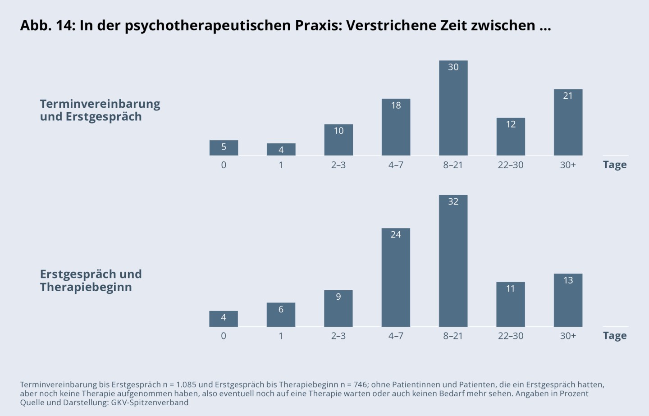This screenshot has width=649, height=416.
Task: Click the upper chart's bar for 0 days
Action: tap(224, 148)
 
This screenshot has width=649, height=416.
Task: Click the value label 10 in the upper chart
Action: tap(338, 131)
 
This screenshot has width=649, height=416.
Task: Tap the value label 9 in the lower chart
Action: tap(338, 297)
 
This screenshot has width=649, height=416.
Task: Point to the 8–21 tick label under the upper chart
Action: tap(453, 165)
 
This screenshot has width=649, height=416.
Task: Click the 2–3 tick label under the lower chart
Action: tap(338, 336)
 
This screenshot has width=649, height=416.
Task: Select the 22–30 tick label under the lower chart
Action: tap(511, 336)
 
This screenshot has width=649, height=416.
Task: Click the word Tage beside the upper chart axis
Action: tap(615, 165)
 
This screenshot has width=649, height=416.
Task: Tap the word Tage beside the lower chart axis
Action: tap(615, 336)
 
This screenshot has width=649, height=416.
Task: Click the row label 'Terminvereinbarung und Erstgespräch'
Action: tap(100, 110)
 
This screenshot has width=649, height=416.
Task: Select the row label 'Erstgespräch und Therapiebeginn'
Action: tap(91, 280)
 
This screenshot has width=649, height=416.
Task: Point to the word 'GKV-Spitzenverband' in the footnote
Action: tap(150, 402)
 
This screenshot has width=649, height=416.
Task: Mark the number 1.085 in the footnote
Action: tap(186, 384)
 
